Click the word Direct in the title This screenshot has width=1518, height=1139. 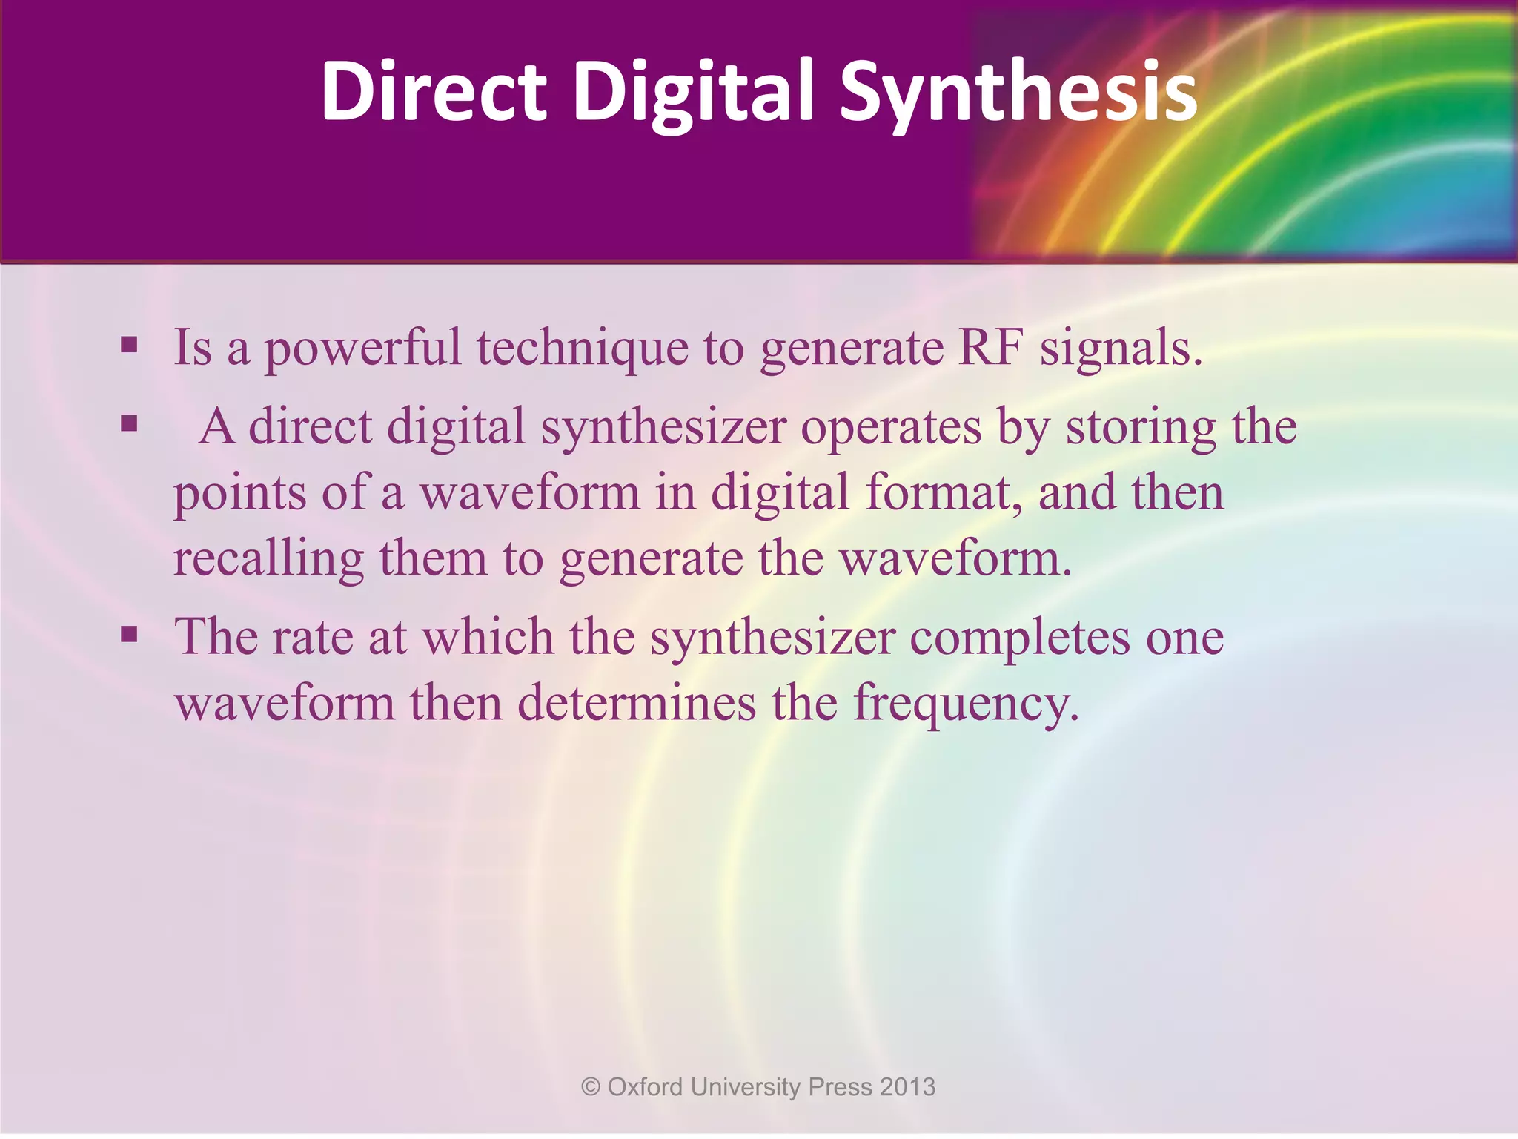[434, 90]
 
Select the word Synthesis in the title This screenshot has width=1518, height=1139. [1018, 90]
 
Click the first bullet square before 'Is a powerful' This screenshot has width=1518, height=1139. [130, 344]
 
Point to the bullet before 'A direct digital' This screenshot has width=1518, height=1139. [130, 423]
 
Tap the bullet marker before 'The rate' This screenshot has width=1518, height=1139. [130, 634]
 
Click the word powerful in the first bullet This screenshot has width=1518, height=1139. [362, 349]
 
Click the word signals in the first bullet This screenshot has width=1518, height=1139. [1119, 349]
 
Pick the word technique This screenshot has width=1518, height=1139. [582, 349]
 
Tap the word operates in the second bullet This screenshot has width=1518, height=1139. [892, 429]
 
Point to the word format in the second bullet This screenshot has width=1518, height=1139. [945, 493]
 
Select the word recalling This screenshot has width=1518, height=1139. [268, 559]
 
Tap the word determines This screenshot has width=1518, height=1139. [637, 703]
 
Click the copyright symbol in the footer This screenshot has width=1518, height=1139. [591, 1087]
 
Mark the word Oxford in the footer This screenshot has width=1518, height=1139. [645, 1087]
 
